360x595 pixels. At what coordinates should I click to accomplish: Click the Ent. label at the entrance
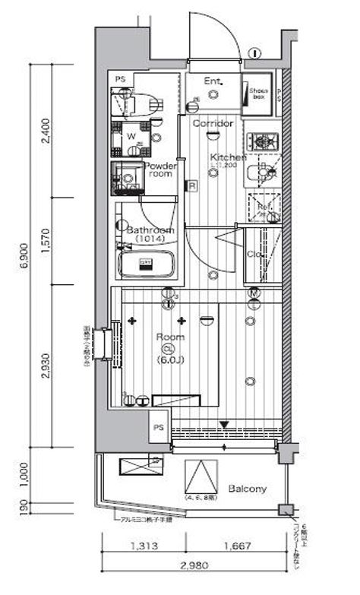click(x=212, y=81)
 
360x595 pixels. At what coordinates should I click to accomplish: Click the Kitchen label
click(x=228, y=157)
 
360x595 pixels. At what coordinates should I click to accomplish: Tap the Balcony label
click(x=247, y=489)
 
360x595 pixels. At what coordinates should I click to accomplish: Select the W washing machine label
click(x=131, y=136)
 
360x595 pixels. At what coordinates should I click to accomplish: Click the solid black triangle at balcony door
click(x=224, y=426)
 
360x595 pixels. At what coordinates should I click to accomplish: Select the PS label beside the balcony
click(x=159, y=428)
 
